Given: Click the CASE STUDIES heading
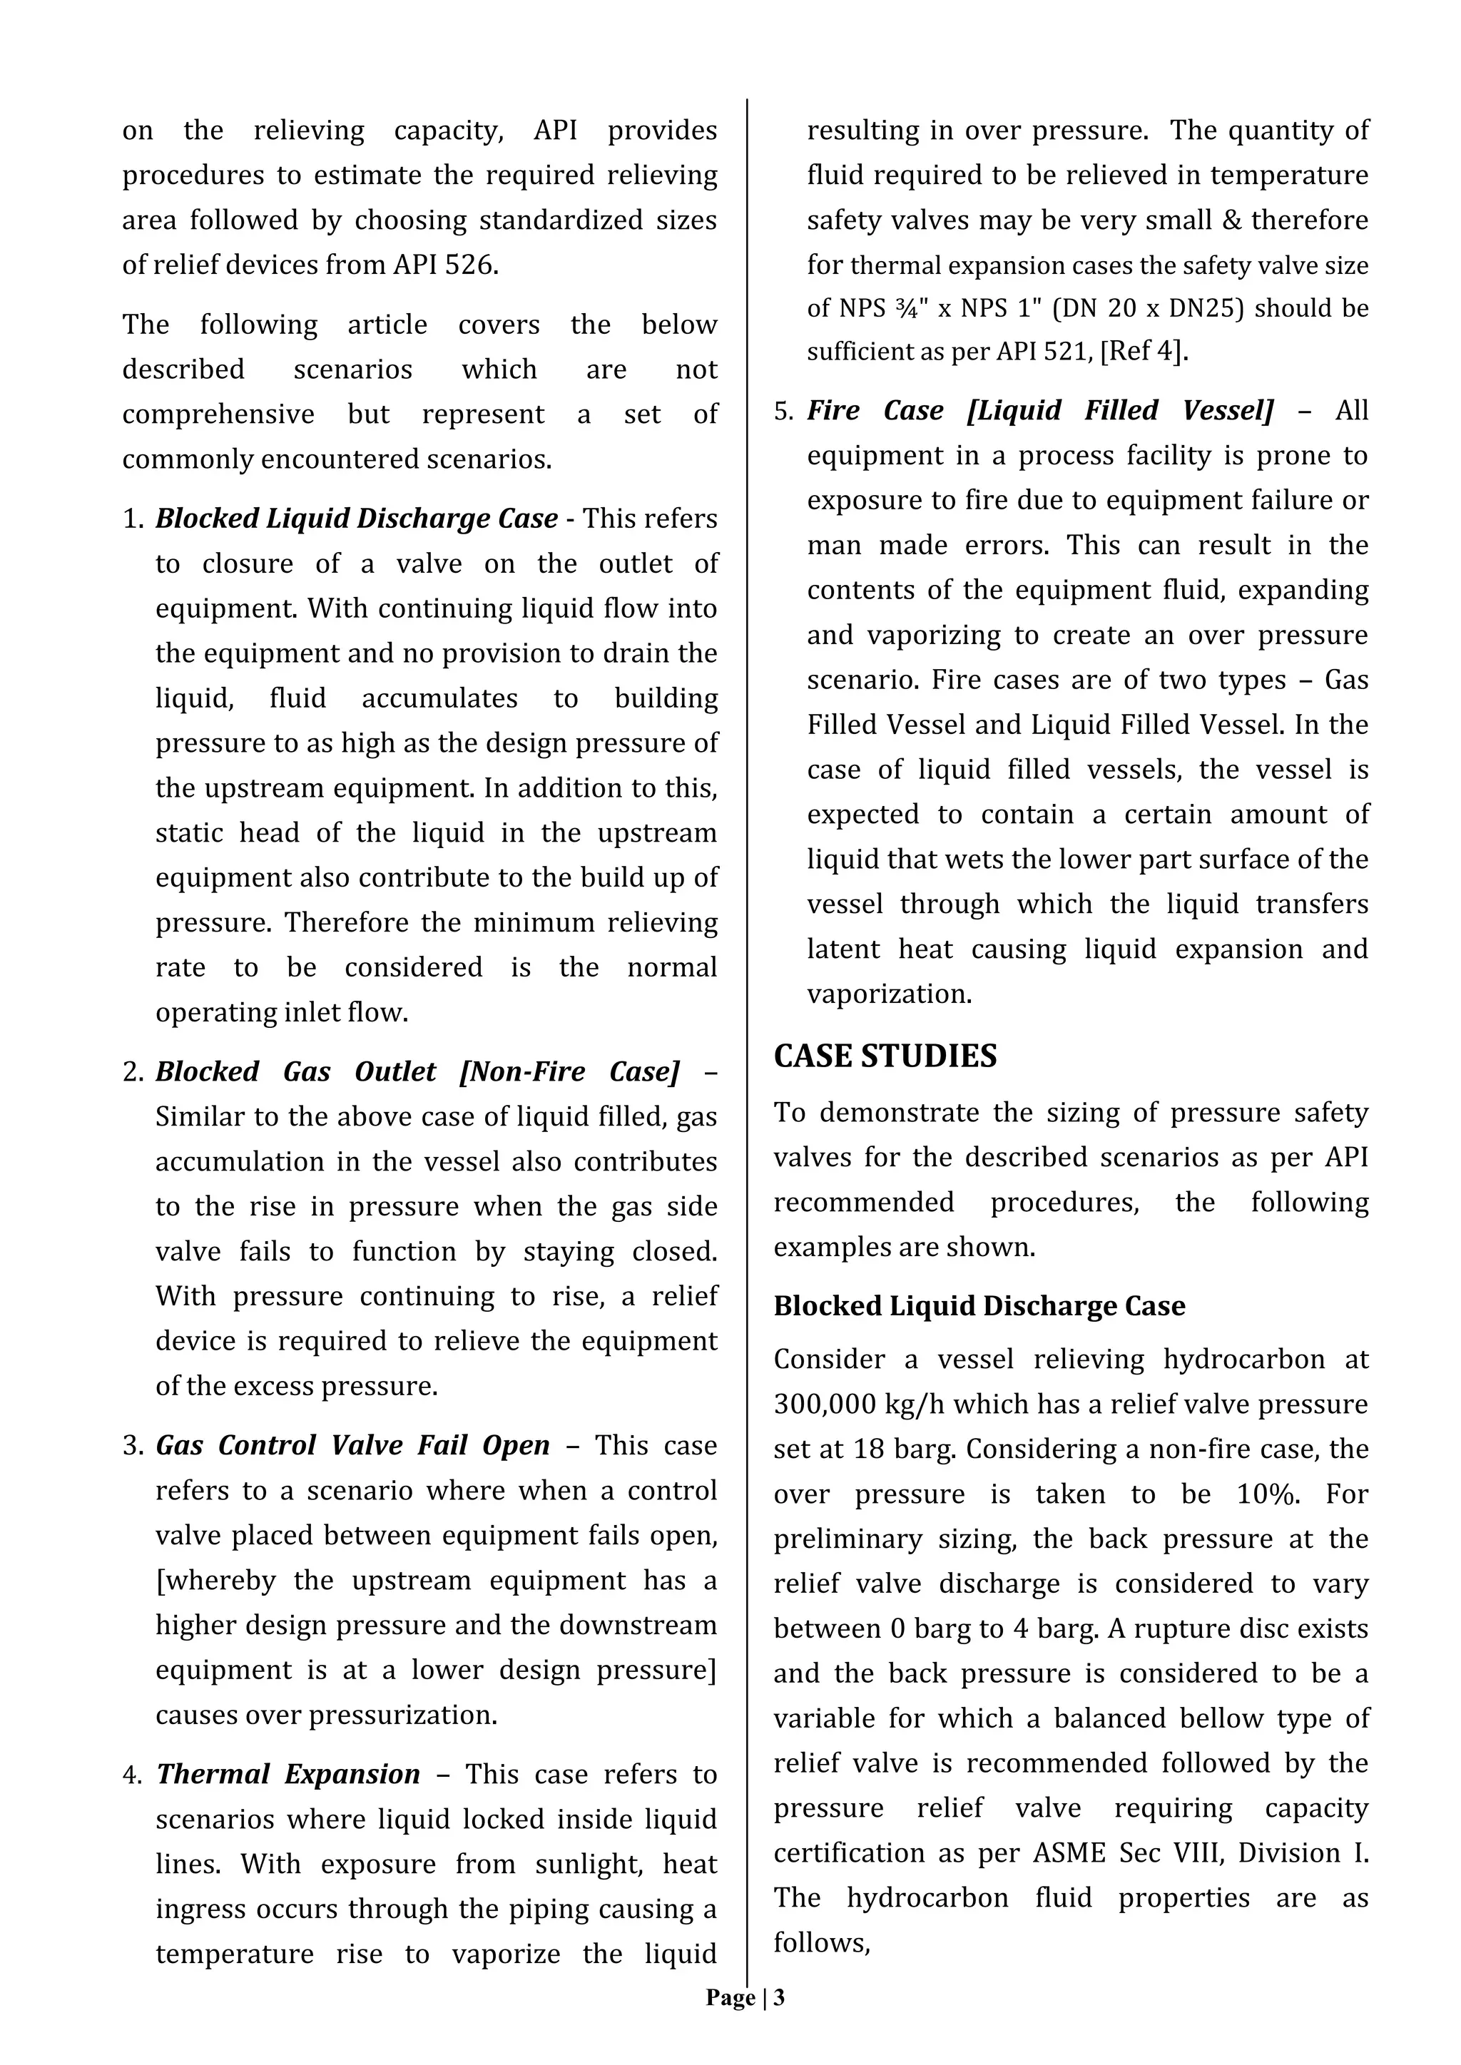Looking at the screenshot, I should (885, 1055).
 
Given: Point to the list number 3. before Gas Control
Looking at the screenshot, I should (133, 1445).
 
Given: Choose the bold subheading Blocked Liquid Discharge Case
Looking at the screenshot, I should (979, 1306).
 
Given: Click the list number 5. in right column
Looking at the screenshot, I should (783, 411).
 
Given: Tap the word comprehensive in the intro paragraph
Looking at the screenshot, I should (218, 414).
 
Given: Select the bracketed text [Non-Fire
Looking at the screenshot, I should (525, 1071).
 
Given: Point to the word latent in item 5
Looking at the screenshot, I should (845, 949).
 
